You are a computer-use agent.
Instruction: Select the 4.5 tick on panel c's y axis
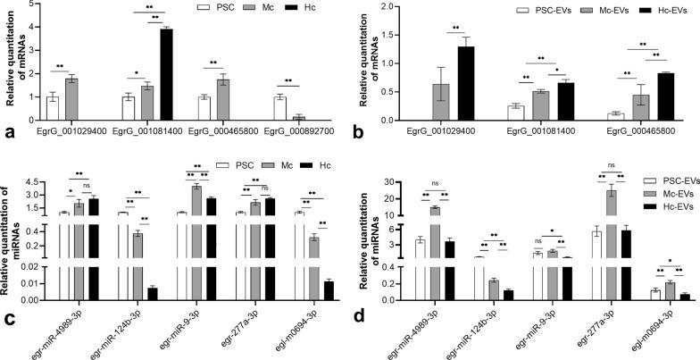[x=36, y=178]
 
